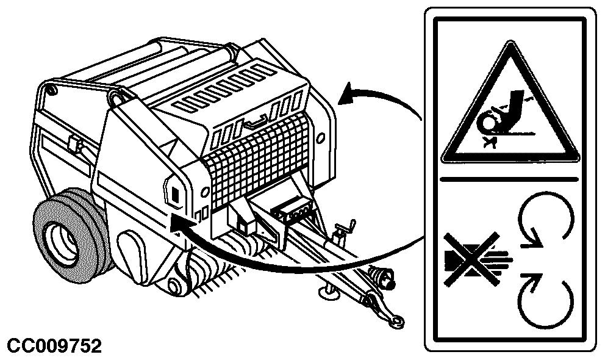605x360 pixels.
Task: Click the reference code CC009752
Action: [54, 346]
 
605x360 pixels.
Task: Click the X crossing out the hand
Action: [471, 259]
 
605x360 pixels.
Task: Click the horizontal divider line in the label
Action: [510, 179]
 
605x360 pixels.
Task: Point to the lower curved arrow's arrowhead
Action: [179, 223]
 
